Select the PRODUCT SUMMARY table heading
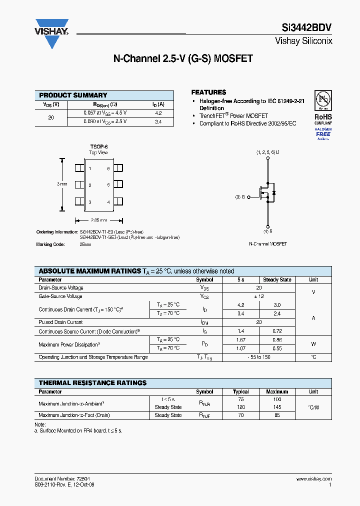pyautogui.click(x=73, y=95)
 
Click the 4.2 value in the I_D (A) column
pyautogui.click(x=158, y=113)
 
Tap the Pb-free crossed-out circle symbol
pyautogui.click(x=322, y=98)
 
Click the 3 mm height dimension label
pyautogui.click(x=62, y=184)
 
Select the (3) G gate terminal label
pyautogui.click(x=240, y=197)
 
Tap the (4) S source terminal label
pyautogui.click(x=268, y=231)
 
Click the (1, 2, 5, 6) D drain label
pyautogui.click(x=268, y=152)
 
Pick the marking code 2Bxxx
pyautogui.click(x=85, y=244)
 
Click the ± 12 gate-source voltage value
pyautogui.click(x=258, y=296)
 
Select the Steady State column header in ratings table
pyautogui.click(x=277, y=279)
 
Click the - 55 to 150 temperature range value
pyautogui.click(x=258, y=357)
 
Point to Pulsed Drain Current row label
pyautogui.click(x=60, y=322)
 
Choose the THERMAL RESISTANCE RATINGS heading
pyautogui.click(x=92, y=382)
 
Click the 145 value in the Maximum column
pyautogui.click(x=277, y=407)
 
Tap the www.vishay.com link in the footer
pyautogui.click(x=314, y=479)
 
